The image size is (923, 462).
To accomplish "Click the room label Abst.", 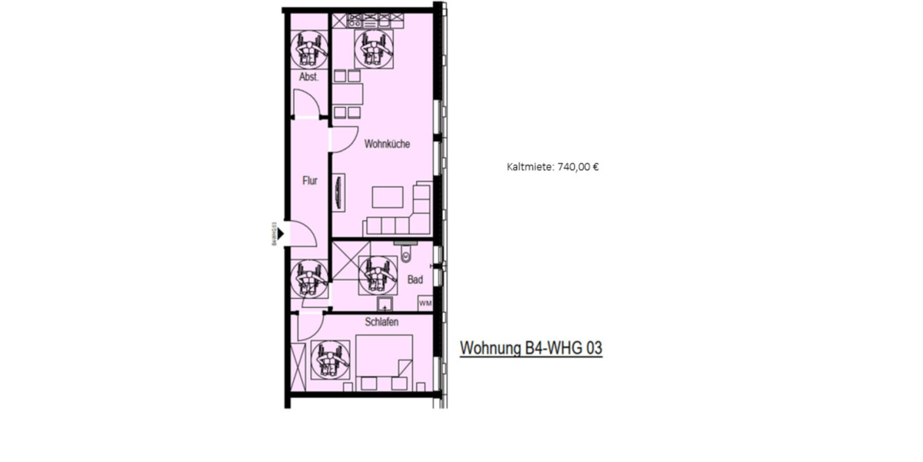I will coord(309,77).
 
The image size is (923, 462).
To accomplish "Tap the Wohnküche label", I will coord(386,144).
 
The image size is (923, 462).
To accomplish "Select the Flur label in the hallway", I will coord(309,182).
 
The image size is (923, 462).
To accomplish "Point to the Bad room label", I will coord(415,280).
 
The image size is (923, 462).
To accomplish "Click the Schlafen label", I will coord(382,322).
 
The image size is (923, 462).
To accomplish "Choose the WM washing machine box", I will coord(425,303).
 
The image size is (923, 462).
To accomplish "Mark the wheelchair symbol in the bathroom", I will coord(377,273).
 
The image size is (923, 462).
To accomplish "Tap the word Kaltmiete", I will coord(529,166).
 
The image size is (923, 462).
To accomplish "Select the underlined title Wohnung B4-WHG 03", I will coord(531,349).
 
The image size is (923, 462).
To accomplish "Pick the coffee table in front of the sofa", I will coord(387,197).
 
